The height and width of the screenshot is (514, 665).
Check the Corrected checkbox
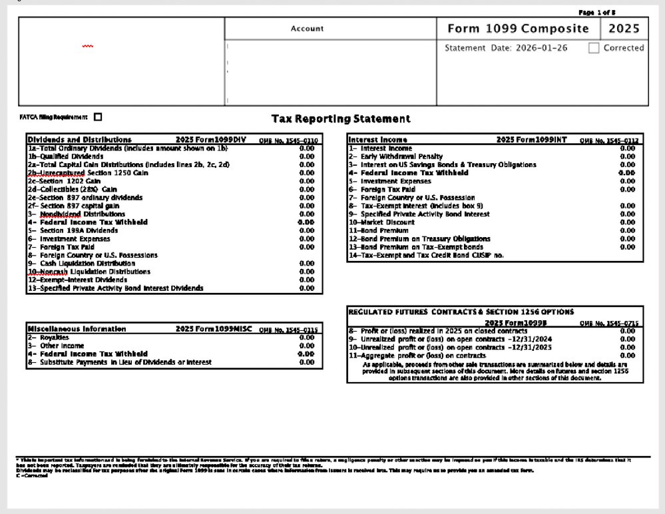(x=594, y=49)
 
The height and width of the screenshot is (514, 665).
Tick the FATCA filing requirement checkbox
(x=99, y=117)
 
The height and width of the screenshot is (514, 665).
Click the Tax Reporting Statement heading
(x=341, y=119)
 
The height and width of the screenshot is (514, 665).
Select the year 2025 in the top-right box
(x=624, y=29)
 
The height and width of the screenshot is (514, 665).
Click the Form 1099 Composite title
(x=518, y=29)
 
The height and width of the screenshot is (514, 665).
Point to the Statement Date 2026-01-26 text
(x=506, y=49)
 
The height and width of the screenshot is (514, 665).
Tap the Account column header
(x=307, y=29)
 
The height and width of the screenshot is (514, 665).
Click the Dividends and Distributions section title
(x=79, y=140)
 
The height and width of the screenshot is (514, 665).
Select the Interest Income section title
(x=378, y=140)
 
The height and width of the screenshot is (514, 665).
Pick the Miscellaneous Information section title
(x=77, y=329)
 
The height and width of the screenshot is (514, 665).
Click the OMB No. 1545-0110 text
(x=288, y=140)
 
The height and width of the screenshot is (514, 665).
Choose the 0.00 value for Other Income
(x=306, y=346)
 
